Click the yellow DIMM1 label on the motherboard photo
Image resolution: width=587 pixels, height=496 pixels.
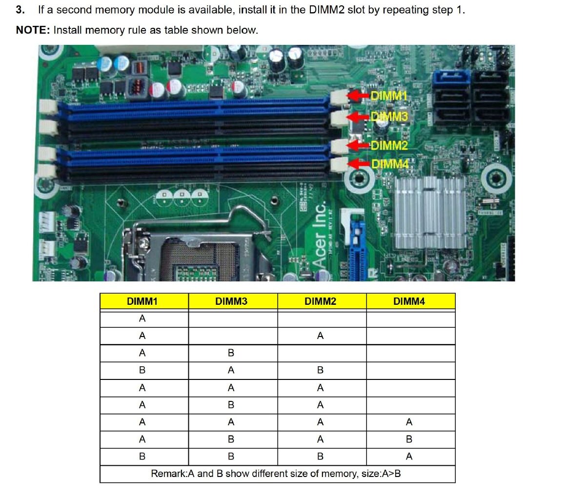pos(388,96)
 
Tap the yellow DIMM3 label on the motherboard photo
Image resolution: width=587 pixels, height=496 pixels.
pos(389,117)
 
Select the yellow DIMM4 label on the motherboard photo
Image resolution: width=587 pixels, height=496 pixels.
pos(390,164)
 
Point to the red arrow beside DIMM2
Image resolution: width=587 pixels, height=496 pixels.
pos(358,145)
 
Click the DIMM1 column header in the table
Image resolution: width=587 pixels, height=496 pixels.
pos(142,301)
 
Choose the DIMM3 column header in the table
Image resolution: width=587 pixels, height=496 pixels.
pos(231,301)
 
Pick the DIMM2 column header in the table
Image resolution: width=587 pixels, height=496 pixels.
pos(320,301)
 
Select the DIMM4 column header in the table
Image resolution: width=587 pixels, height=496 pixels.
pos(409,301)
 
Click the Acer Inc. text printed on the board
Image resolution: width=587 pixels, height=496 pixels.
pos(319,235)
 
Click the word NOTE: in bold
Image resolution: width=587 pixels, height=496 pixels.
pos(33,30)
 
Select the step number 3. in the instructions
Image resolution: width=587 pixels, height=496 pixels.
pos(20,10)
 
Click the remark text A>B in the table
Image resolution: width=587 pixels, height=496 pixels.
pos(391,474)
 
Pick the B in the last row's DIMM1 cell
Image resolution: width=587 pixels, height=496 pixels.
pos(142,456)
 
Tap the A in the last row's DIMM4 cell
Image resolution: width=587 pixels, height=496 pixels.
pos(409,456)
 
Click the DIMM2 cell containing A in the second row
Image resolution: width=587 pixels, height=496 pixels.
pos(320,336)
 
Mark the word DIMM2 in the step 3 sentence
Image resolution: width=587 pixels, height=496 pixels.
pos(327,10)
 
